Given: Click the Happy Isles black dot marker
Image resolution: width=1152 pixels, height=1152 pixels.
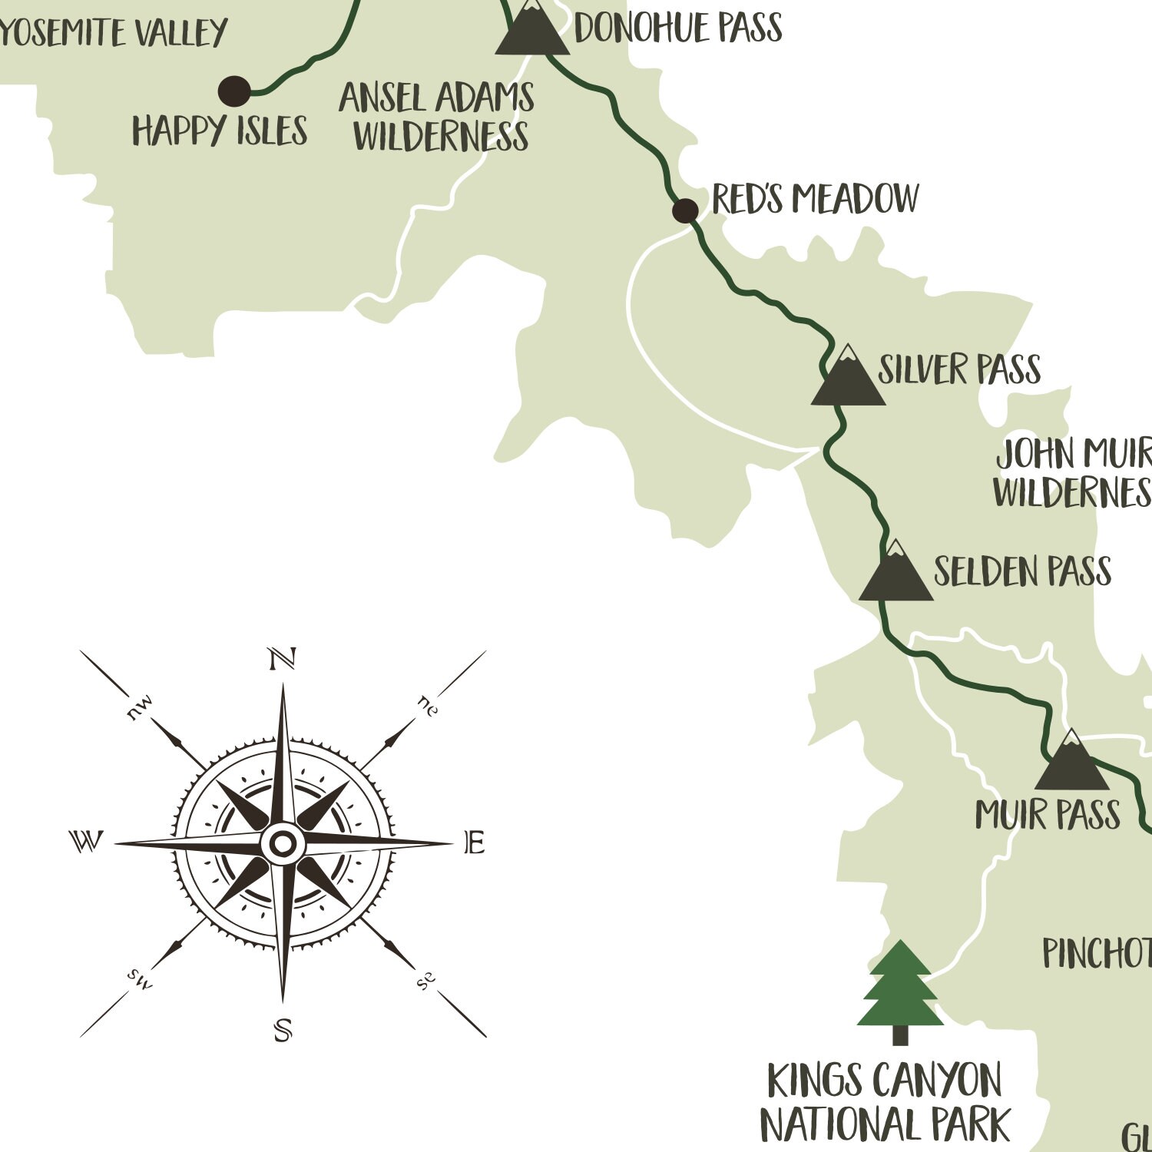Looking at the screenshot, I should point(234,91).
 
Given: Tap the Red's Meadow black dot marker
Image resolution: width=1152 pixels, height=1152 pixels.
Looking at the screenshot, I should point(685,210).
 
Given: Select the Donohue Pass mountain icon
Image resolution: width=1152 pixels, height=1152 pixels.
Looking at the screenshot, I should point(531,29).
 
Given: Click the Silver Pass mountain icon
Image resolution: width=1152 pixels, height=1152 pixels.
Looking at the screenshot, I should point(848,378).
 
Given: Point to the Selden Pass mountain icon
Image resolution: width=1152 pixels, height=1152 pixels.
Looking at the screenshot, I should point(895,573).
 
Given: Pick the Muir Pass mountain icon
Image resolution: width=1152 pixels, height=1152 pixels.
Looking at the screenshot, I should point(1071,763).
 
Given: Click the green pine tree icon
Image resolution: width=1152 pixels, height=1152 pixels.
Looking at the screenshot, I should point(900,991).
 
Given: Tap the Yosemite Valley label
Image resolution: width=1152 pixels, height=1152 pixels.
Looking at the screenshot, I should point(113,32).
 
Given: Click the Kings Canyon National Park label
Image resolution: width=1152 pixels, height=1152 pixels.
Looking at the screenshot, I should point(885,1103).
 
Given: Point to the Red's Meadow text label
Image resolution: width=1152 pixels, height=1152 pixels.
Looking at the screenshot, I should point(815,199).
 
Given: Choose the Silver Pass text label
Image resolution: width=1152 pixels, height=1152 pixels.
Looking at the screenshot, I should point(959,369).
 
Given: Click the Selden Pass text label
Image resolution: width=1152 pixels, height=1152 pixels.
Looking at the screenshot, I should point(1022,571).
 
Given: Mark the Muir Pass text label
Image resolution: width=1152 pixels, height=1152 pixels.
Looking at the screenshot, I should point(1048,815).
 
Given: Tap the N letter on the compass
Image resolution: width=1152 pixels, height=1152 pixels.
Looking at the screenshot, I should point(282,659).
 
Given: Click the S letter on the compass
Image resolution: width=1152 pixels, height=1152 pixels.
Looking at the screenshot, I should point(283,1029).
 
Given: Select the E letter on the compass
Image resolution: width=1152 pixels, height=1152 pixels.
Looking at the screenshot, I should point(475,843).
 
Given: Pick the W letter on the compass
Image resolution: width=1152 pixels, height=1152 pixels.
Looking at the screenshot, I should point(86,842).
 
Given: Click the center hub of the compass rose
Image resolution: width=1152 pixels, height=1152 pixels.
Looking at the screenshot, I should point(283,844).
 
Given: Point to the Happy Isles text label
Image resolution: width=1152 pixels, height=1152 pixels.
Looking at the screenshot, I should point(220,131).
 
